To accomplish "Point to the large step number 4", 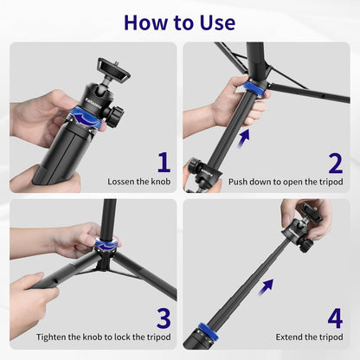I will tap(335, 316).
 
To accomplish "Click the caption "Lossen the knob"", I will tap(138, 181).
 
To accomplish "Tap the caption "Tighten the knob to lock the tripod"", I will tap(103, 337).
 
